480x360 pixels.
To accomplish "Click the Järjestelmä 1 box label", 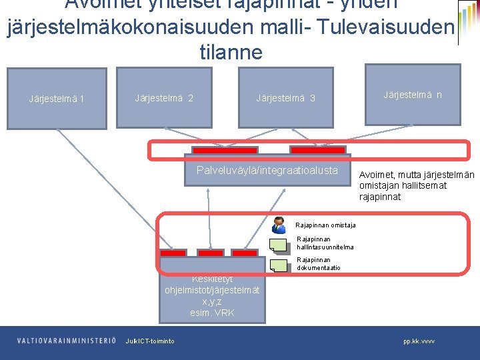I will click(x=56, y=100).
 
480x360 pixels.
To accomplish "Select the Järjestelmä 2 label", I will click(x=164, y=99).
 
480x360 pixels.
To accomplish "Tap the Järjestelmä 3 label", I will click(x=285, y=99).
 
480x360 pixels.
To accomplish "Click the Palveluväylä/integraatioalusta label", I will click(x=267, y=170).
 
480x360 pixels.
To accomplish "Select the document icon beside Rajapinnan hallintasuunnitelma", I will click(x=279, y=245).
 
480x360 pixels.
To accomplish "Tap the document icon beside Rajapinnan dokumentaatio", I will click(x=279, y=265).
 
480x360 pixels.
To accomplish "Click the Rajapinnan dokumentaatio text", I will click(x=318, y=264).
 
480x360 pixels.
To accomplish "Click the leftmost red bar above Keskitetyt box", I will click(x=173, y=254).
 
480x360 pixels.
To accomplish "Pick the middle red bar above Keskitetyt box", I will click(x=211, y=254).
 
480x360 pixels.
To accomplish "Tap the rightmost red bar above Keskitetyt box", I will click(x=244, y=254).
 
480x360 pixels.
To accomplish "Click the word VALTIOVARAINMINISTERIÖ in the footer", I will click(x=67, y=341).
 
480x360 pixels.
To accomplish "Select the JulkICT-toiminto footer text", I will click(x=150, y=341).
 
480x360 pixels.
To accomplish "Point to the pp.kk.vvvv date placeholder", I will click(x=419, y=341).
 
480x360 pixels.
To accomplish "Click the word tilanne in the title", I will click(x=231, y=53).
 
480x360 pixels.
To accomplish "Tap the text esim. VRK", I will click(x=212, y=313).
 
